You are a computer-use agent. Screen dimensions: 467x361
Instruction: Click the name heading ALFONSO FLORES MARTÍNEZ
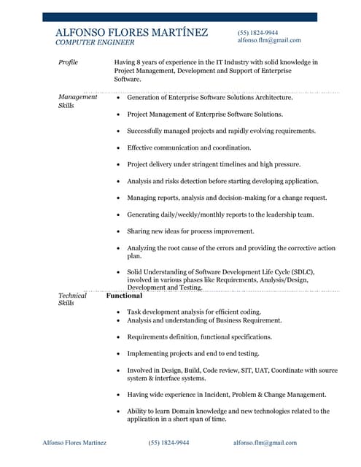tap(131, 33)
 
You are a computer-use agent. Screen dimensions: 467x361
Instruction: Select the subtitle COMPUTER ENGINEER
tap(95, 43)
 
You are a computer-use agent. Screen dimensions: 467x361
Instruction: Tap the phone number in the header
tap(257, 33)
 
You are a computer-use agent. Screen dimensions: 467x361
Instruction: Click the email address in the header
tap(268, 40)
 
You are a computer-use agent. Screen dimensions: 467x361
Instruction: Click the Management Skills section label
tap(77, 101)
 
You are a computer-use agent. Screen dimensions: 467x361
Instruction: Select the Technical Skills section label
tap(72, 299)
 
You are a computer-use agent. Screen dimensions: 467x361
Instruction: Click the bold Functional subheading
tap(125, 296)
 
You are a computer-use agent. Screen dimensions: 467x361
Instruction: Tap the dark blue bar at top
tap(179, 17)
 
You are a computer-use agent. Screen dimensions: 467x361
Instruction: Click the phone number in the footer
tap(168, 443)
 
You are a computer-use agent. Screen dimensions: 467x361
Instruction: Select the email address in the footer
tap(265, 443)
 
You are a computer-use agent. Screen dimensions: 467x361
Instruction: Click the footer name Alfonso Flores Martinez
tap(74, 443)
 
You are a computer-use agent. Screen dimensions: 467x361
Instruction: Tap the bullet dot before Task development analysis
tap(118, 312)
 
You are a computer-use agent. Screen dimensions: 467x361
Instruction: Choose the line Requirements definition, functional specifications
tap(199, 337)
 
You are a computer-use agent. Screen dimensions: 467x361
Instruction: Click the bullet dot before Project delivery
tap(118, 165)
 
